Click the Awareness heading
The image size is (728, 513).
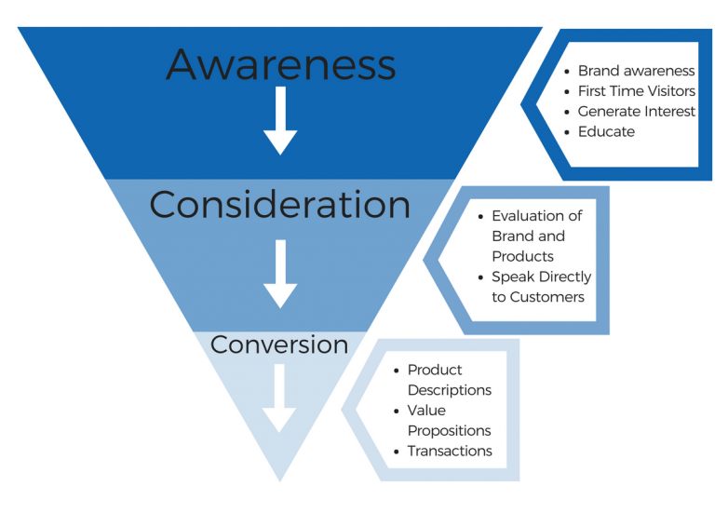tap(280, 65)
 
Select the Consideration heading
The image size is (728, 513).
tap(279, 205)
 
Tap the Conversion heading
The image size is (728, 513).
tap(279, 344)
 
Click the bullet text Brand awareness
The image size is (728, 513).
tap(636, 71)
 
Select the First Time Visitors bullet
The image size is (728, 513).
tap(637, 91)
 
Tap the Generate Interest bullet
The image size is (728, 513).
tap(637, 112)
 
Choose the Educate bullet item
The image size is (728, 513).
tap(606, 132)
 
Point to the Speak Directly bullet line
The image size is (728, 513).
tap(542, 277)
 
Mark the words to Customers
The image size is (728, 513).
tap(538, 297)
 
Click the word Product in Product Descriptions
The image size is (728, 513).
tap(435, 370)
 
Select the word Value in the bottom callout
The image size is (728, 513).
tap(426, 411)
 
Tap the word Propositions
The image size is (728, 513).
tap(449, 431)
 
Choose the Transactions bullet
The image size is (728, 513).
tap(450, 452)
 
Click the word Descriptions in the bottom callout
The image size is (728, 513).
tap(450, 390)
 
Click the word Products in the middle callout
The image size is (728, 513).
tap(522, 256)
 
